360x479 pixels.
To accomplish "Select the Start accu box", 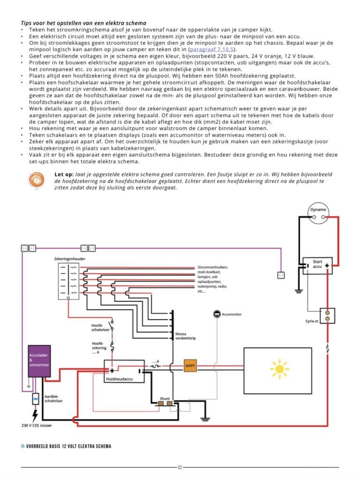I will pyautogui.click(x=317, y=266).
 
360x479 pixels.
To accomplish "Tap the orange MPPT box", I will pyautogui.click(x=190, y=366).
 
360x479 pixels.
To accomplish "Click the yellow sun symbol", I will pyautogui.click(x=279, y=368).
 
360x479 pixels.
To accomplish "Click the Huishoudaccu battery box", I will pyautogui.click(x=124, y=370).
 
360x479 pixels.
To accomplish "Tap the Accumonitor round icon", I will pyautogui.click(x=217, y=314).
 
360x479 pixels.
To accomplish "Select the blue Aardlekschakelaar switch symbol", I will pyautogui.click(x=35, y=399).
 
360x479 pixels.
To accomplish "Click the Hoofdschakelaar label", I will pyautogui.click(x=100, y=327).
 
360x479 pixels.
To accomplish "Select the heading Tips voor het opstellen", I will pyautogui.click(x=83, y=23).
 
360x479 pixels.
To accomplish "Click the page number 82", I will pyautogui.click(x=180, y=467).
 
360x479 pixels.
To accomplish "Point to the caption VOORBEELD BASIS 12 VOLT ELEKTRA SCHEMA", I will pyautogui.click(x=69, y=446).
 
